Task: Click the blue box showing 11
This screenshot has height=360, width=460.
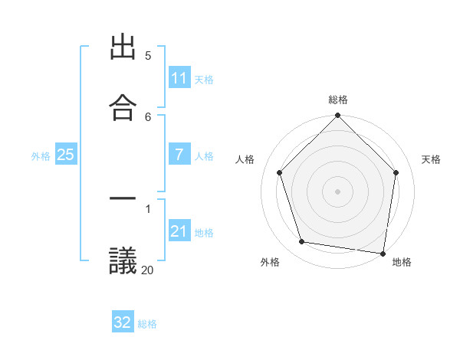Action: click(x=179, y=78)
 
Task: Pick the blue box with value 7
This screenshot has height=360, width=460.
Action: click(x=179, y=155)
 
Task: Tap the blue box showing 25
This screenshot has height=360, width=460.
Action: click(x=65, y=155)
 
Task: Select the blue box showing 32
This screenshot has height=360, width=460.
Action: click(x=123, y=322)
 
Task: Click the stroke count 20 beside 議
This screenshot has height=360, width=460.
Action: click(x=147, y=270)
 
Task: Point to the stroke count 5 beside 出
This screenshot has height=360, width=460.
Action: click(x=148, y=55)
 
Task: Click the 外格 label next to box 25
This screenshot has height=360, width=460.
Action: click(x=41, y=156)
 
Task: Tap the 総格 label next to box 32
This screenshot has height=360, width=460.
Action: click(x=147, y=324)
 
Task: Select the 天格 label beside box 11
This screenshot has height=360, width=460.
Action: click(x=204, y=80)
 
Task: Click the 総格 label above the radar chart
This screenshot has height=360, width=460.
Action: click(x=338, y=100)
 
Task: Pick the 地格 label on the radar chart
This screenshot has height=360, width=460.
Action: click(x=402, y=262)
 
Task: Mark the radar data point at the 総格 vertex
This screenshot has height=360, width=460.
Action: click(x=337, y=116)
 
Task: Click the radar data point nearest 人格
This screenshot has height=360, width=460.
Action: click(x=280, y=172)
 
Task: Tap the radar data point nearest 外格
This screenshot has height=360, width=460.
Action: click(x=302, y=242)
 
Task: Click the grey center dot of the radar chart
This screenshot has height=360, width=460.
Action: click(x=337, y=191)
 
